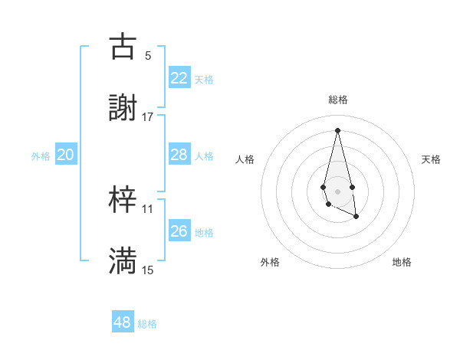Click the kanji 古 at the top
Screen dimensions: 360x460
[x=123, y=47]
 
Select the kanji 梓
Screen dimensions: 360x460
[x=123, y=200]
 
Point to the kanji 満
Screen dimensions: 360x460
[x=123, y=261]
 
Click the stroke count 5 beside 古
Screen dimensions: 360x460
[x=147, y=55]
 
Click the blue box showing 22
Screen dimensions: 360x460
[x=179, y=78]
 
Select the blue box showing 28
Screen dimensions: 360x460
[x=179, y=155]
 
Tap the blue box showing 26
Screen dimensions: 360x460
[x=179, y=231]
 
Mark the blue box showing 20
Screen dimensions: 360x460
[x=65, y=155]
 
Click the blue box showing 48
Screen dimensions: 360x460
[x=123, y=322]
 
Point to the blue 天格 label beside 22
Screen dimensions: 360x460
[x=204, y=80]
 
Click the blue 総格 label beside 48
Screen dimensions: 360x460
[x=147, y=324]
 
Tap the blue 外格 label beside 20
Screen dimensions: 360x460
[x=41, y=156]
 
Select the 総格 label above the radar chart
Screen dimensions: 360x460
[x=338, y=100]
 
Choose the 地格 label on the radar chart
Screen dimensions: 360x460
[x=402, y=262]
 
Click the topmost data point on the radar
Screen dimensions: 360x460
[x=338, y=129]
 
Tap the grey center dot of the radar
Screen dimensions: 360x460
[x=337, y=190]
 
